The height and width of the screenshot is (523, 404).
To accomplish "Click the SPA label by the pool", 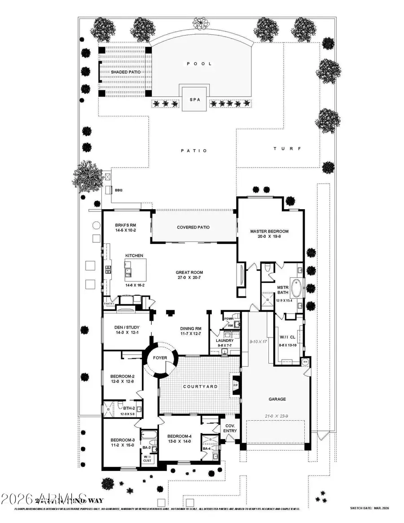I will tap(194, 100).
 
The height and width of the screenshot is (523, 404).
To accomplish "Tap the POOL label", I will tap(199, 64).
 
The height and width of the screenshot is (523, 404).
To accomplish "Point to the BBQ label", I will tap(119, 190).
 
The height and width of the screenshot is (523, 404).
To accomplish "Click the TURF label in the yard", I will tap(287, 149).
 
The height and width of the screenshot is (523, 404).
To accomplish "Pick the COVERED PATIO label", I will tap(193, 227).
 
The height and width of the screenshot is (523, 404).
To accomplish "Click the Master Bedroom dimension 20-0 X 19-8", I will tap(269, 238).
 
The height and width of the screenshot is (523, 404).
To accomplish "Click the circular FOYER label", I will tap(160, 358).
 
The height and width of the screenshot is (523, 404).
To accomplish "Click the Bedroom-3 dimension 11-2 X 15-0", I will tap(123, 446).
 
